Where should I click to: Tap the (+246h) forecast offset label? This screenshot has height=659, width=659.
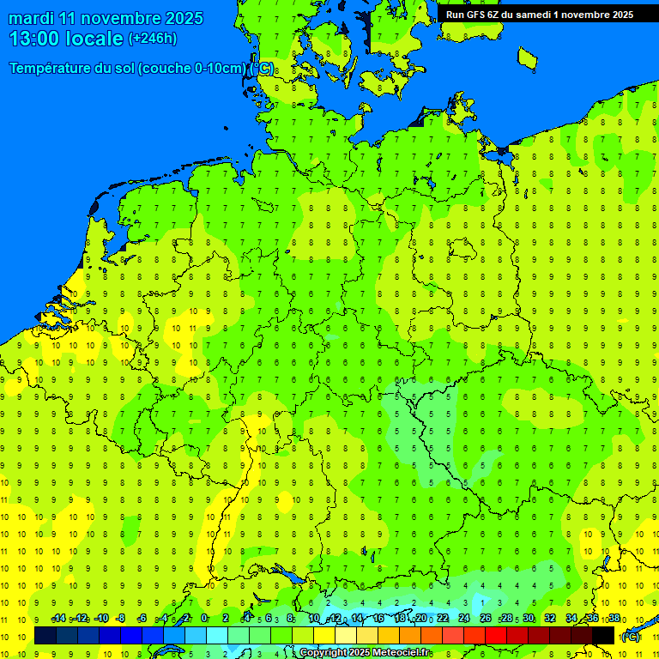(152, 39)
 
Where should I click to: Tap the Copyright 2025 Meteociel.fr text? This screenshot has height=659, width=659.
(365, 653)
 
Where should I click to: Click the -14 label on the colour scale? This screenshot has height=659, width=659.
(58, 619)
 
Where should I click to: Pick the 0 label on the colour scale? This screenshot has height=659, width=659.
(204, 619)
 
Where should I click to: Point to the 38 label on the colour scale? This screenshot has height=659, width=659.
(614, 619)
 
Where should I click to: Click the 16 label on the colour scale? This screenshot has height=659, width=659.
(378, 619)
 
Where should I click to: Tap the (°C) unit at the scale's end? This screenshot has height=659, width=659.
(630, 637)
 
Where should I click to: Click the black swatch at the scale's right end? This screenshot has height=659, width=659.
(603, 636)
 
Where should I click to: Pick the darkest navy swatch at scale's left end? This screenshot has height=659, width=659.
(45, 636)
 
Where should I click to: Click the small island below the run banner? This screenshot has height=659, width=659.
(527, 57)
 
